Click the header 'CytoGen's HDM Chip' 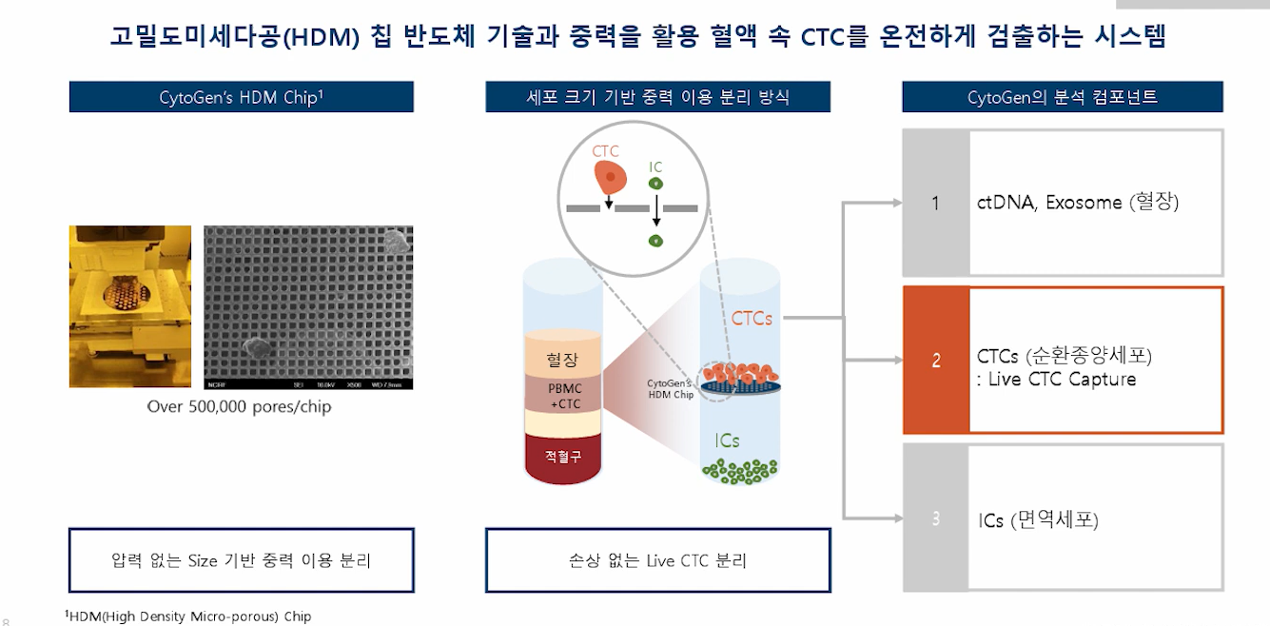(x=241, y=97)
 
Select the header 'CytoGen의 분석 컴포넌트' (x=1062, y=97)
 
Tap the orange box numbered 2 (x=936, y=361)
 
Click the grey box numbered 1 (x=936, y=203)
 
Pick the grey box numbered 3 (x=936, y=518)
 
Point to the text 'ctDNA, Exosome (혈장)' (x=1078, y=202)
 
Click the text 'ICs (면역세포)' (x=1038, y=520)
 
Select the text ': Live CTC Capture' (x=1056, y=380)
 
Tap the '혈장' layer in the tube (x=562, y=360)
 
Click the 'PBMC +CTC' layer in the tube (x=562, y=395)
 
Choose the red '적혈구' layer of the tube (x=562, y=456)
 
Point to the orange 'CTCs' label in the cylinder (x=752, y=319)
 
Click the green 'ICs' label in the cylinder (x=728, y=440)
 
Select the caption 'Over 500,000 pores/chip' (x=239, y=406)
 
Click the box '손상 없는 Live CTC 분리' (x=657, y=560)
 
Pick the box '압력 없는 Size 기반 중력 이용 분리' (x=241, y=560)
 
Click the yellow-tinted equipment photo (x=130, y=306)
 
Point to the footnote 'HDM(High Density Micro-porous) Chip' (x=190, y=616)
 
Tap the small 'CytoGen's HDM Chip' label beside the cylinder (x=671, y=388)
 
